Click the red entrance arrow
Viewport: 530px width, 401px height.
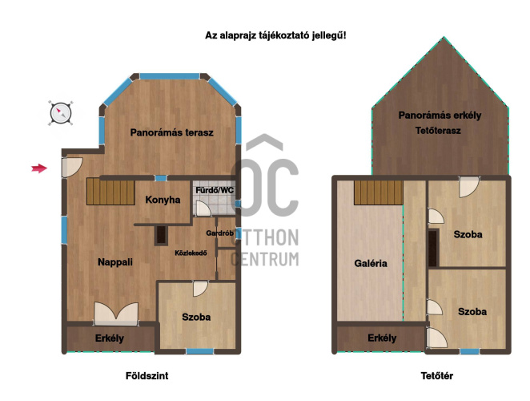39,168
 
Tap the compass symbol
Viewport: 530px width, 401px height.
61,113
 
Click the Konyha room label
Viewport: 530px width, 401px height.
163,200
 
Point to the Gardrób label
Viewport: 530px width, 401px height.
219,233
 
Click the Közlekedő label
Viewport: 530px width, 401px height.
191,253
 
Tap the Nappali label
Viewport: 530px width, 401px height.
115,261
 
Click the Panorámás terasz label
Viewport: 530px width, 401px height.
171,132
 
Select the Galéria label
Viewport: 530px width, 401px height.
371,263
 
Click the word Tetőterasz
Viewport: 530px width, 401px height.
438,131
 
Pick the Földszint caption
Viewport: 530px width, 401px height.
147,375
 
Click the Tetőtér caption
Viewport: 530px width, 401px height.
436,375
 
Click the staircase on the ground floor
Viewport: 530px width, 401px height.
110,192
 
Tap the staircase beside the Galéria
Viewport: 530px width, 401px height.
378,192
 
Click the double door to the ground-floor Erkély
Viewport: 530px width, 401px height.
116,314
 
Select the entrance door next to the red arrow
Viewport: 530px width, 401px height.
71,167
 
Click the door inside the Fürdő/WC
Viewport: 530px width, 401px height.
203,209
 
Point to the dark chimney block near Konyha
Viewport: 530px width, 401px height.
161,235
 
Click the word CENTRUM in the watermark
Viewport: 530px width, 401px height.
265,259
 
